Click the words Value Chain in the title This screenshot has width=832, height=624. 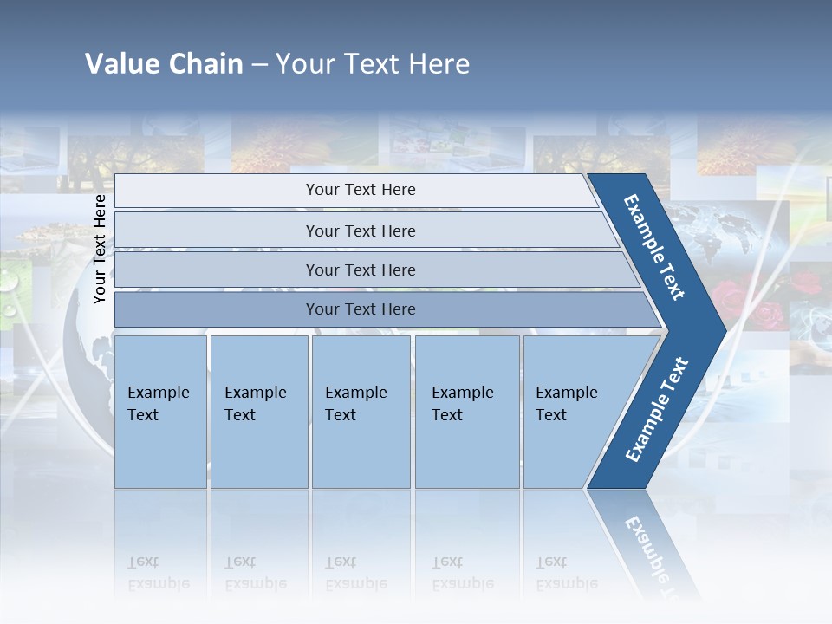[x=164, y=64]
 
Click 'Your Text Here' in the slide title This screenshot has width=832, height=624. [x=373, y=64]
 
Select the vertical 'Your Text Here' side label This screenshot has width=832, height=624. [x=100, y=249]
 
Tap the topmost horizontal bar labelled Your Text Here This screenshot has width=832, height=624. [x=360, y=190]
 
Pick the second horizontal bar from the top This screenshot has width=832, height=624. [x=360, y=231]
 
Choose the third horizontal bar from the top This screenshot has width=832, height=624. [x=360, y=270]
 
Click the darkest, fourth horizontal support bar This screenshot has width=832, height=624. [x=360, y=309]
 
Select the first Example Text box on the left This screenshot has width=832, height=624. [x=160, y=411]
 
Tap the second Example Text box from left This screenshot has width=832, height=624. [x=258, y=411]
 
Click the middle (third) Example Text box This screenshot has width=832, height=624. [x=361, y=411]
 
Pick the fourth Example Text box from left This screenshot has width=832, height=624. [x=466, y=411]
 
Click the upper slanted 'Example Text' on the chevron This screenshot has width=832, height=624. [x=655, y=247]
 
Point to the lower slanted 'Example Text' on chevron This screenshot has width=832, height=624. [x=657, y=409]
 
